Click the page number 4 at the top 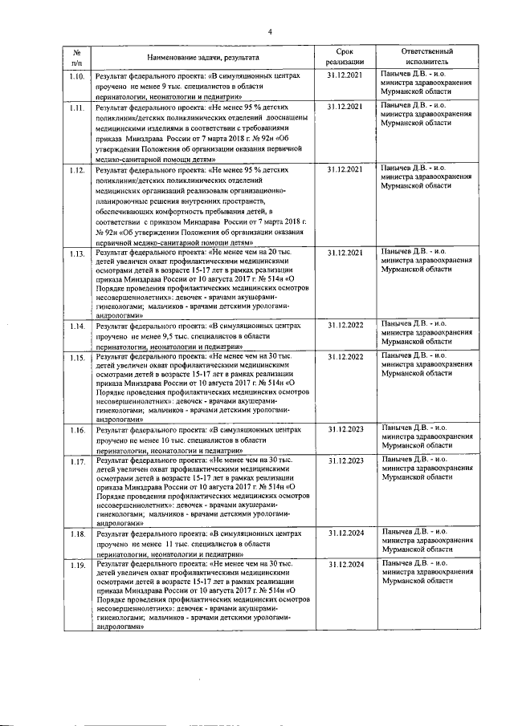pos(271,32)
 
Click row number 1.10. pos(77,76)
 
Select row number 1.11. pos(77,107)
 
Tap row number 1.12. pos(77,171)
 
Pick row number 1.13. pos(77,254)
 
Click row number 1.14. pos(77,327)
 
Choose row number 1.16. pos(77,432)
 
